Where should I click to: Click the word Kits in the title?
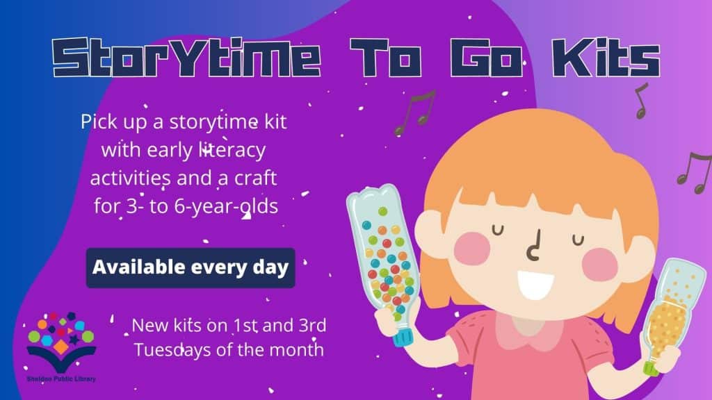pyautogui.click(x=606, y=58)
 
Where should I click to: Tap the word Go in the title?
pyautogui.click(x=487, y=58)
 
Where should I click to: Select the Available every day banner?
pyautogui.click(x=191, y=267)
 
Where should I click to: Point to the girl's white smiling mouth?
pyautogui.click(x=536, y=285)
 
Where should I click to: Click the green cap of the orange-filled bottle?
pyautogui.click(x=651, y=368)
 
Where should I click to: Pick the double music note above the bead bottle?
pyautogui.click(x=416, y=112)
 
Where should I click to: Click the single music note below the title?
pyautogui.click(x=640, y=101)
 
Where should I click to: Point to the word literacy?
pyautogui.click(x=232, y=151)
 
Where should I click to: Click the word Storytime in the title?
pyautogui.click(x=187, y=58)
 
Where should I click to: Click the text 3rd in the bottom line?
pyautogui.click(x=312, y=326)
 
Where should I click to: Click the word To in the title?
pyautogui.click(x=386, y=58)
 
